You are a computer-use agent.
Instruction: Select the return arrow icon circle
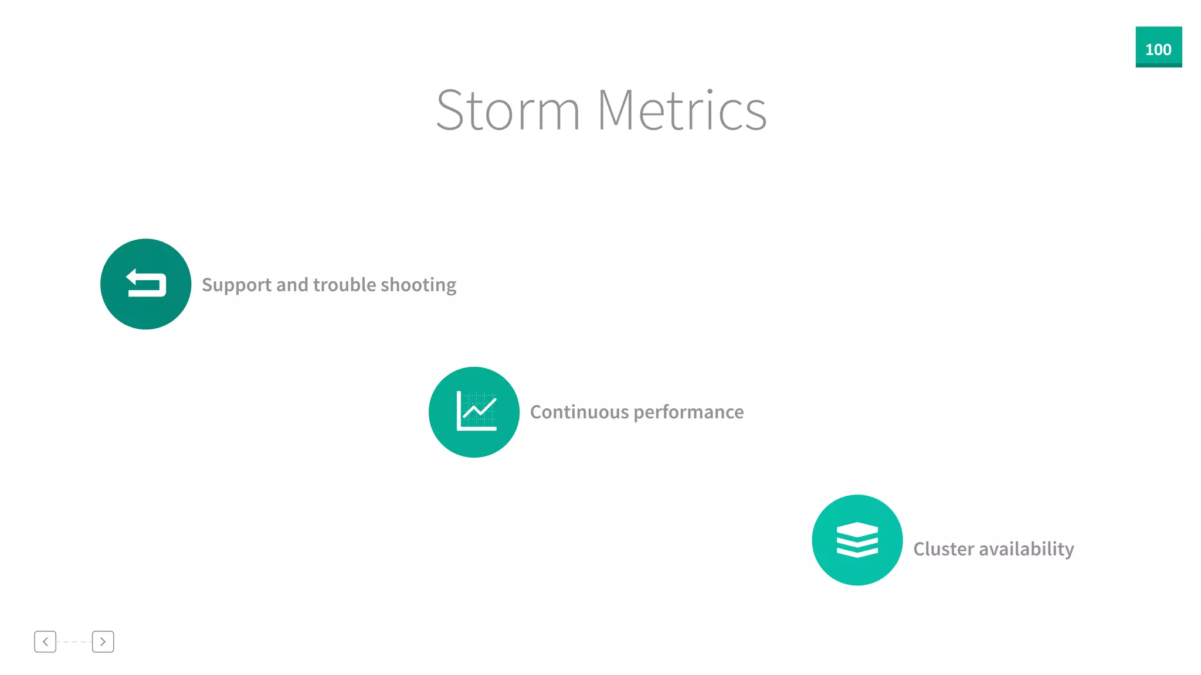point(145,284)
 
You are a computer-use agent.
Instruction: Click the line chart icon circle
point(474,412)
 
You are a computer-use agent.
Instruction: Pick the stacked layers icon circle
point(857,540)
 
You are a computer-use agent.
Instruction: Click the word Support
point(237,285)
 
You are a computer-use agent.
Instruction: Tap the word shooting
point(418,285)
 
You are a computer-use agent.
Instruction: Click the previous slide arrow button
point(45,642)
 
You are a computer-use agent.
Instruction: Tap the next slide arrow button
point(103,642)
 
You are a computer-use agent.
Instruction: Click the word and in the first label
point(293,285)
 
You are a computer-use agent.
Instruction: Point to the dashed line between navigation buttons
point(74,642)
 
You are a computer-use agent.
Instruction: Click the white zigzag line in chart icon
point(480,408)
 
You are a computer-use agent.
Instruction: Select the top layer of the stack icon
point(857,529)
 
